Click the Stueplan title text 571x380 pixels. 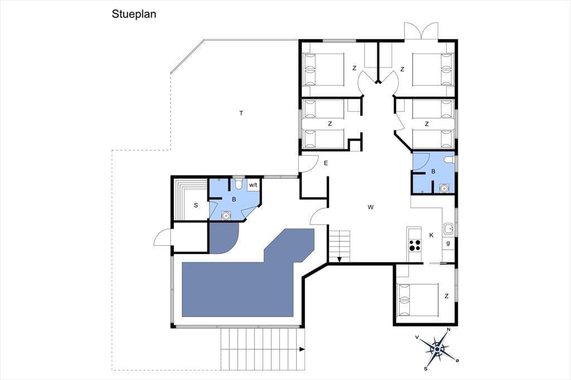pyautogui.click(x=134, y=14)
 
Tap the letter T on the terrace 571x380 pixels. pyautogui.click(x=241, y=113)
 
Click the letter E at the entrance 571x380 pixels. pyautogui.click(x=326, y=163)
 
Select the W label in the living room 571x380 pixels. pyautogui.click(x=371, y=207)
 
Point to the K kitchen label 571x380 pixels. pyautogui.click(x=432, y=236)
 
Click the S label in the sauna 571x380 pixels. pyautogui.click(x=196, y=205)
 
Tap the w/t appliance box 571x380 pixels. pyautogui.click(x=253, y=185)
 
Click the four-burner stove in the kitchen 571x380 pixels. pyautogui.click(x=414, y=245)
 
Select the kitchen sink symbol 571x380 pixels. pyautogui.click(x=448, y=229)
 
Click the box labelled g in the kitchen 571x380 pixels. pyautogui.click(x=448, y=243)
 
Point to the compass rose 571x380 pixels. pyautogui.click(x=437, y=349)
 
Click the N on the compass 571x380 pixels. pyautogui.click(x=449, y=329)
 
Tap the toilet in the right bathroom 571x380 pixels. pyautogui.click(x=449, y=160)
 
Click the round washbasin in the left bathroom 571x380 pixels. pyautogui.click(x=226, y=216)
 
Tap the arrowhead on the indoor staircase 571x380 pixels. pyautogui.click(x=340, y=260)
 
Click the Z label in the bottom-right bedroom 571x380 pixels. pyautogui.click(x=447, y=296)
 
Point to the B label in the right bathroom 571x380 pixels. pyautogui.click(x=433, y=172)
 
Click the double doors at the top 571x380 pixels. pyautogui.click(x=422, y=31)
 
